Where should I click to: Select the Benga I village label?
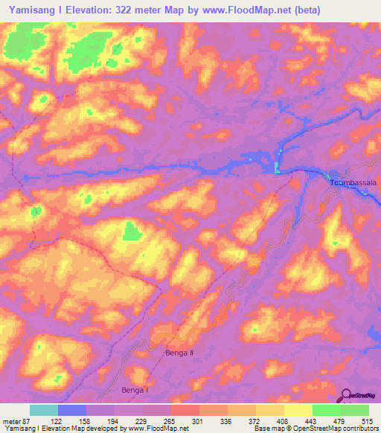click(135, 389)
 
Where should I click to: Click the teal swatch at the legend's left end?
click(44, 410)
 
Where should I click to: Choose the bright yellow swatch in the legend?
click(298, 410)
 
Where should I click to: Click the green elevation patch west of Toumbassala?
click(278, 168)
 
